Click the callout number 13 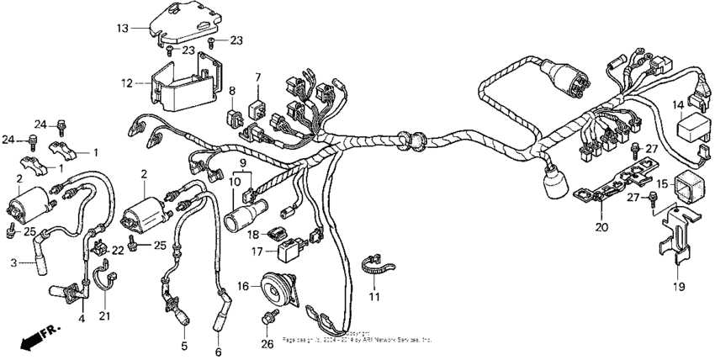[x=122, y=28]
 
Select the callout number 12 [x=127, y=83]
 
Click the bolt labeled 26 [x=271, y=317]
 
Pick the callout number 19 [x=679, y=287]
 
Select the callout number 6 [x=219, y=352]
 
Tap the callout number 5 [x=184, y=346]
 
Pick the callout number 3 [x=13, y=263]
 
